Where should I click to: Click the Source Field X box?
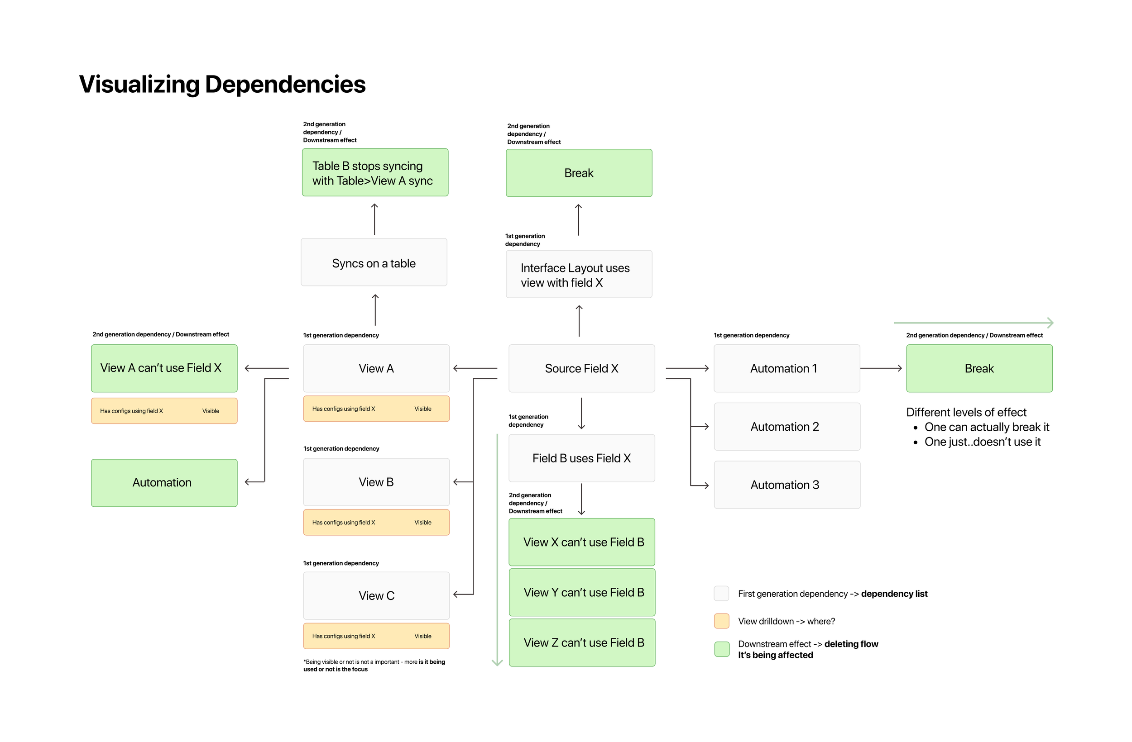click(581, 368)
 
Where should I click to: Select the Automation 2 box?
click(787, 426)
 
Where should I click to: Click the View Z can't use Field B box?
click(582, 642)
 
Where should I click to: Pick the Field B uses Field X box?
click(581, 458)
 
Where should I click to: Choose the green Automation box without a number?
click(164, 482)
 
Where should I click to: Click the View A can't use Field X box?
click(164, 368)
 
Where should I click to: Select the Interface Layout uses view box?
click(579, 274)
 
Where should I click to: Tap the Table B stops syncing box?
click(375, 172)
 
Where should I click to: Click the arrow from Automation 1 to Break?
click(881, 368)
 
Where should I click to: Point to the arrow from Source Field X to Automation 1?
click(687, 368)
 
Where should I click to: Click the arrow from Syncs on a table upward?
click(374, 219)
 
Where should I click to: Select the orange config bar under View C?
click(376, 636)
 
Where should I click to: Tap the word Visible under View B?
click(423, 523)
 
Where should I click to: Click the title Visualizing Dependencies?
click(222, 84)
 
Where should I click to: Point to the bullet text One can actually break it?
click(987, 427)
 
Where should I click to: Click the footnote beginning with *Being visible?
click(374, 665)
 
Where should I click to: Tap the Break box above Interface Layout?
click(579, 172)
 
